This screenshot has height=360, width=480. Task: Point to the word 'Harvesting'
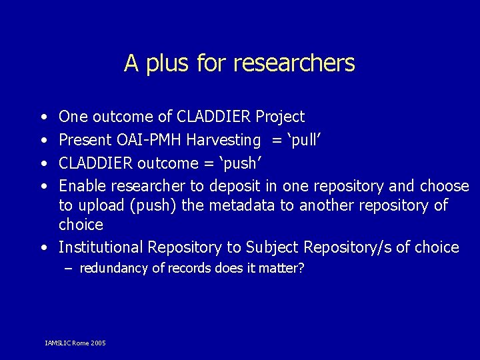[224, 140]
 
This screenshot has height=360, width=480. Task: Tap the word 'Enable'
[83, 186]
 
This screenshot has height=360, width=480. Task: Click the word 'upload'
[101, 205]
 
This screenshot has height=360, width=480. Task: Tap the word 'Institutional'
[101, 247]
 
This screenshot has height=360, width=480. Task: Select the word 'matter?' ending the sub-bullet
[283, 269]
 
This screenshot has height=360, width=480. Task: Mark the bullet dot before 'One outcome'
[43, 118]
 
